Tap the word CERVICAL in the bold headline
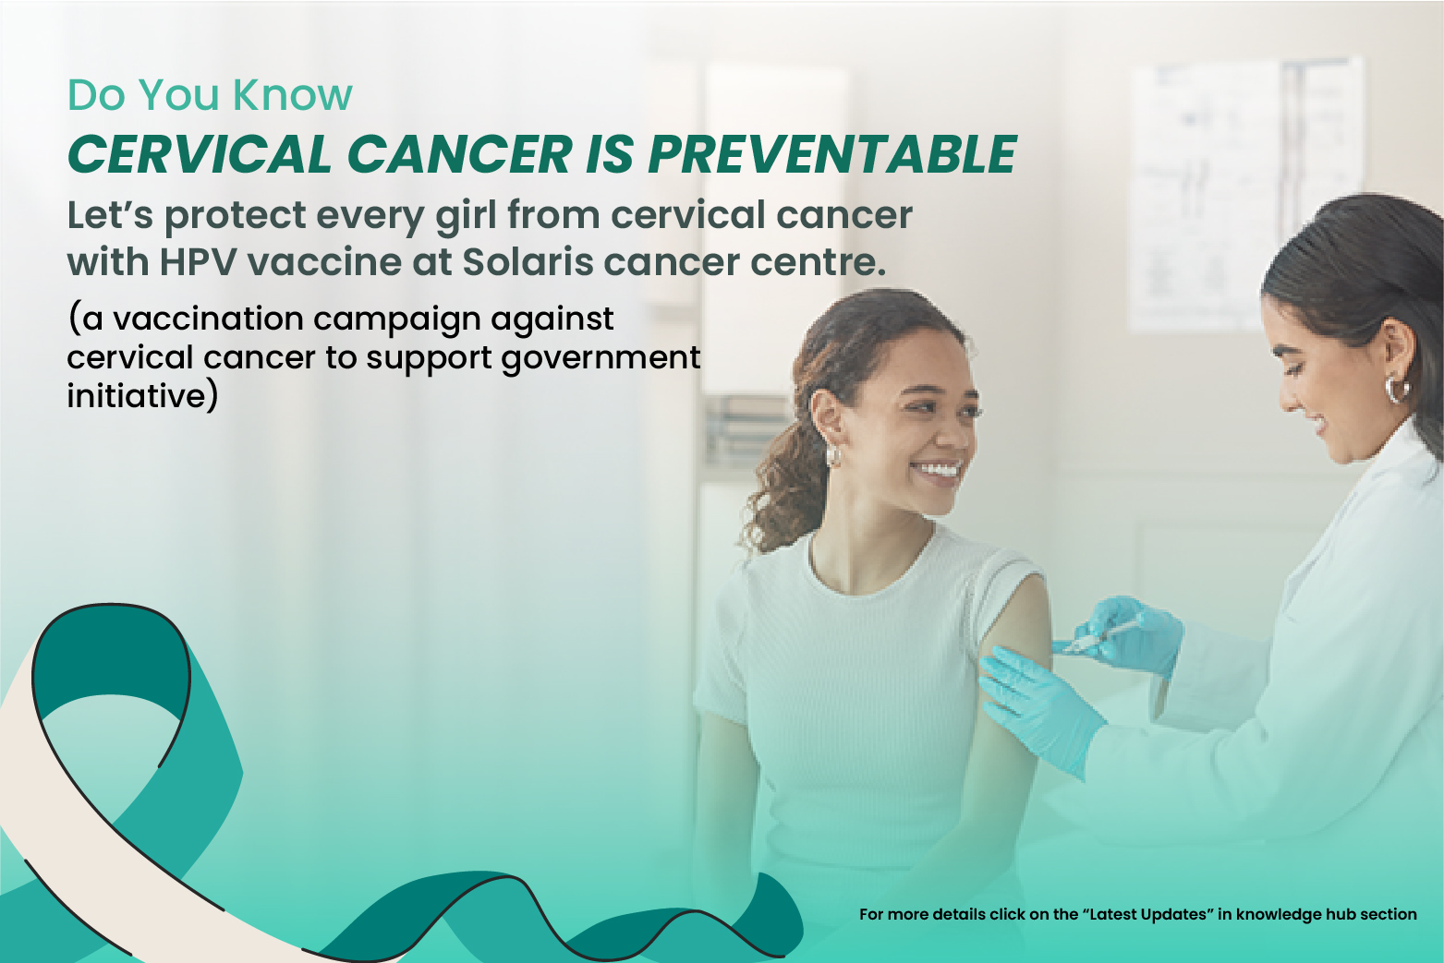(200, 154)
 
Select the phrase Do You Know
(210, 95)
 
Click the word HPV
(199, 262)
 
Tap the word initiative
(139, 396)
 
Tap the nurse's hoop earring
(1395, 388)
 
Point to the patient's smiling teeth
(938, 471)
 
